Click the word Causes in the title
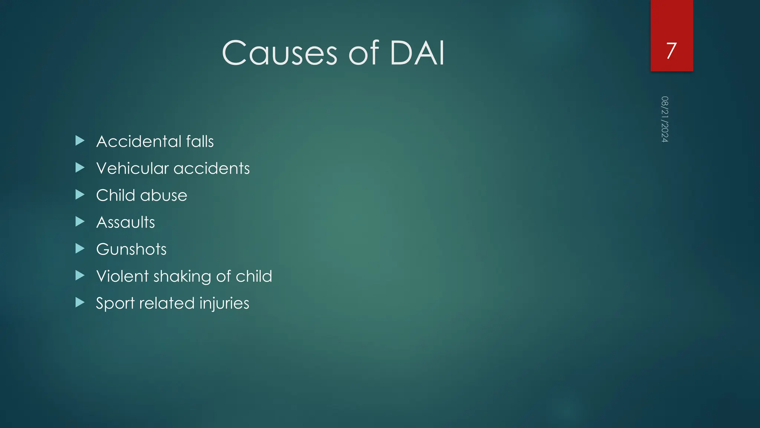tap(279, 53)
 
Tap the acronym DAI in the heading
tap(417, 53)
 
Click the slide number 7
tap(671, 51)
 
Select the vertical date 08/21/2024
tap(665, 119)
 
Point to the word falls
tap(200, 142)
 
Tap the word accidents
tap(212, 168)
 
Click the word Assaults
tap(125, 223)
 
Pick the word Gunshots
tap(131, 249)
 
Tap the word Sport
tap(115, 304)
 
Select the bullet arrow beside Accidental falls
tap(80, 140)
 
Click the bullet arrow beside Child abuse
tap(80, 194)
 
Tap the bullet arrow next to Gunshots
tap(80, 248)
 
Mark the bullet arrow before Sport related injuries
tap(80, 302)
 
